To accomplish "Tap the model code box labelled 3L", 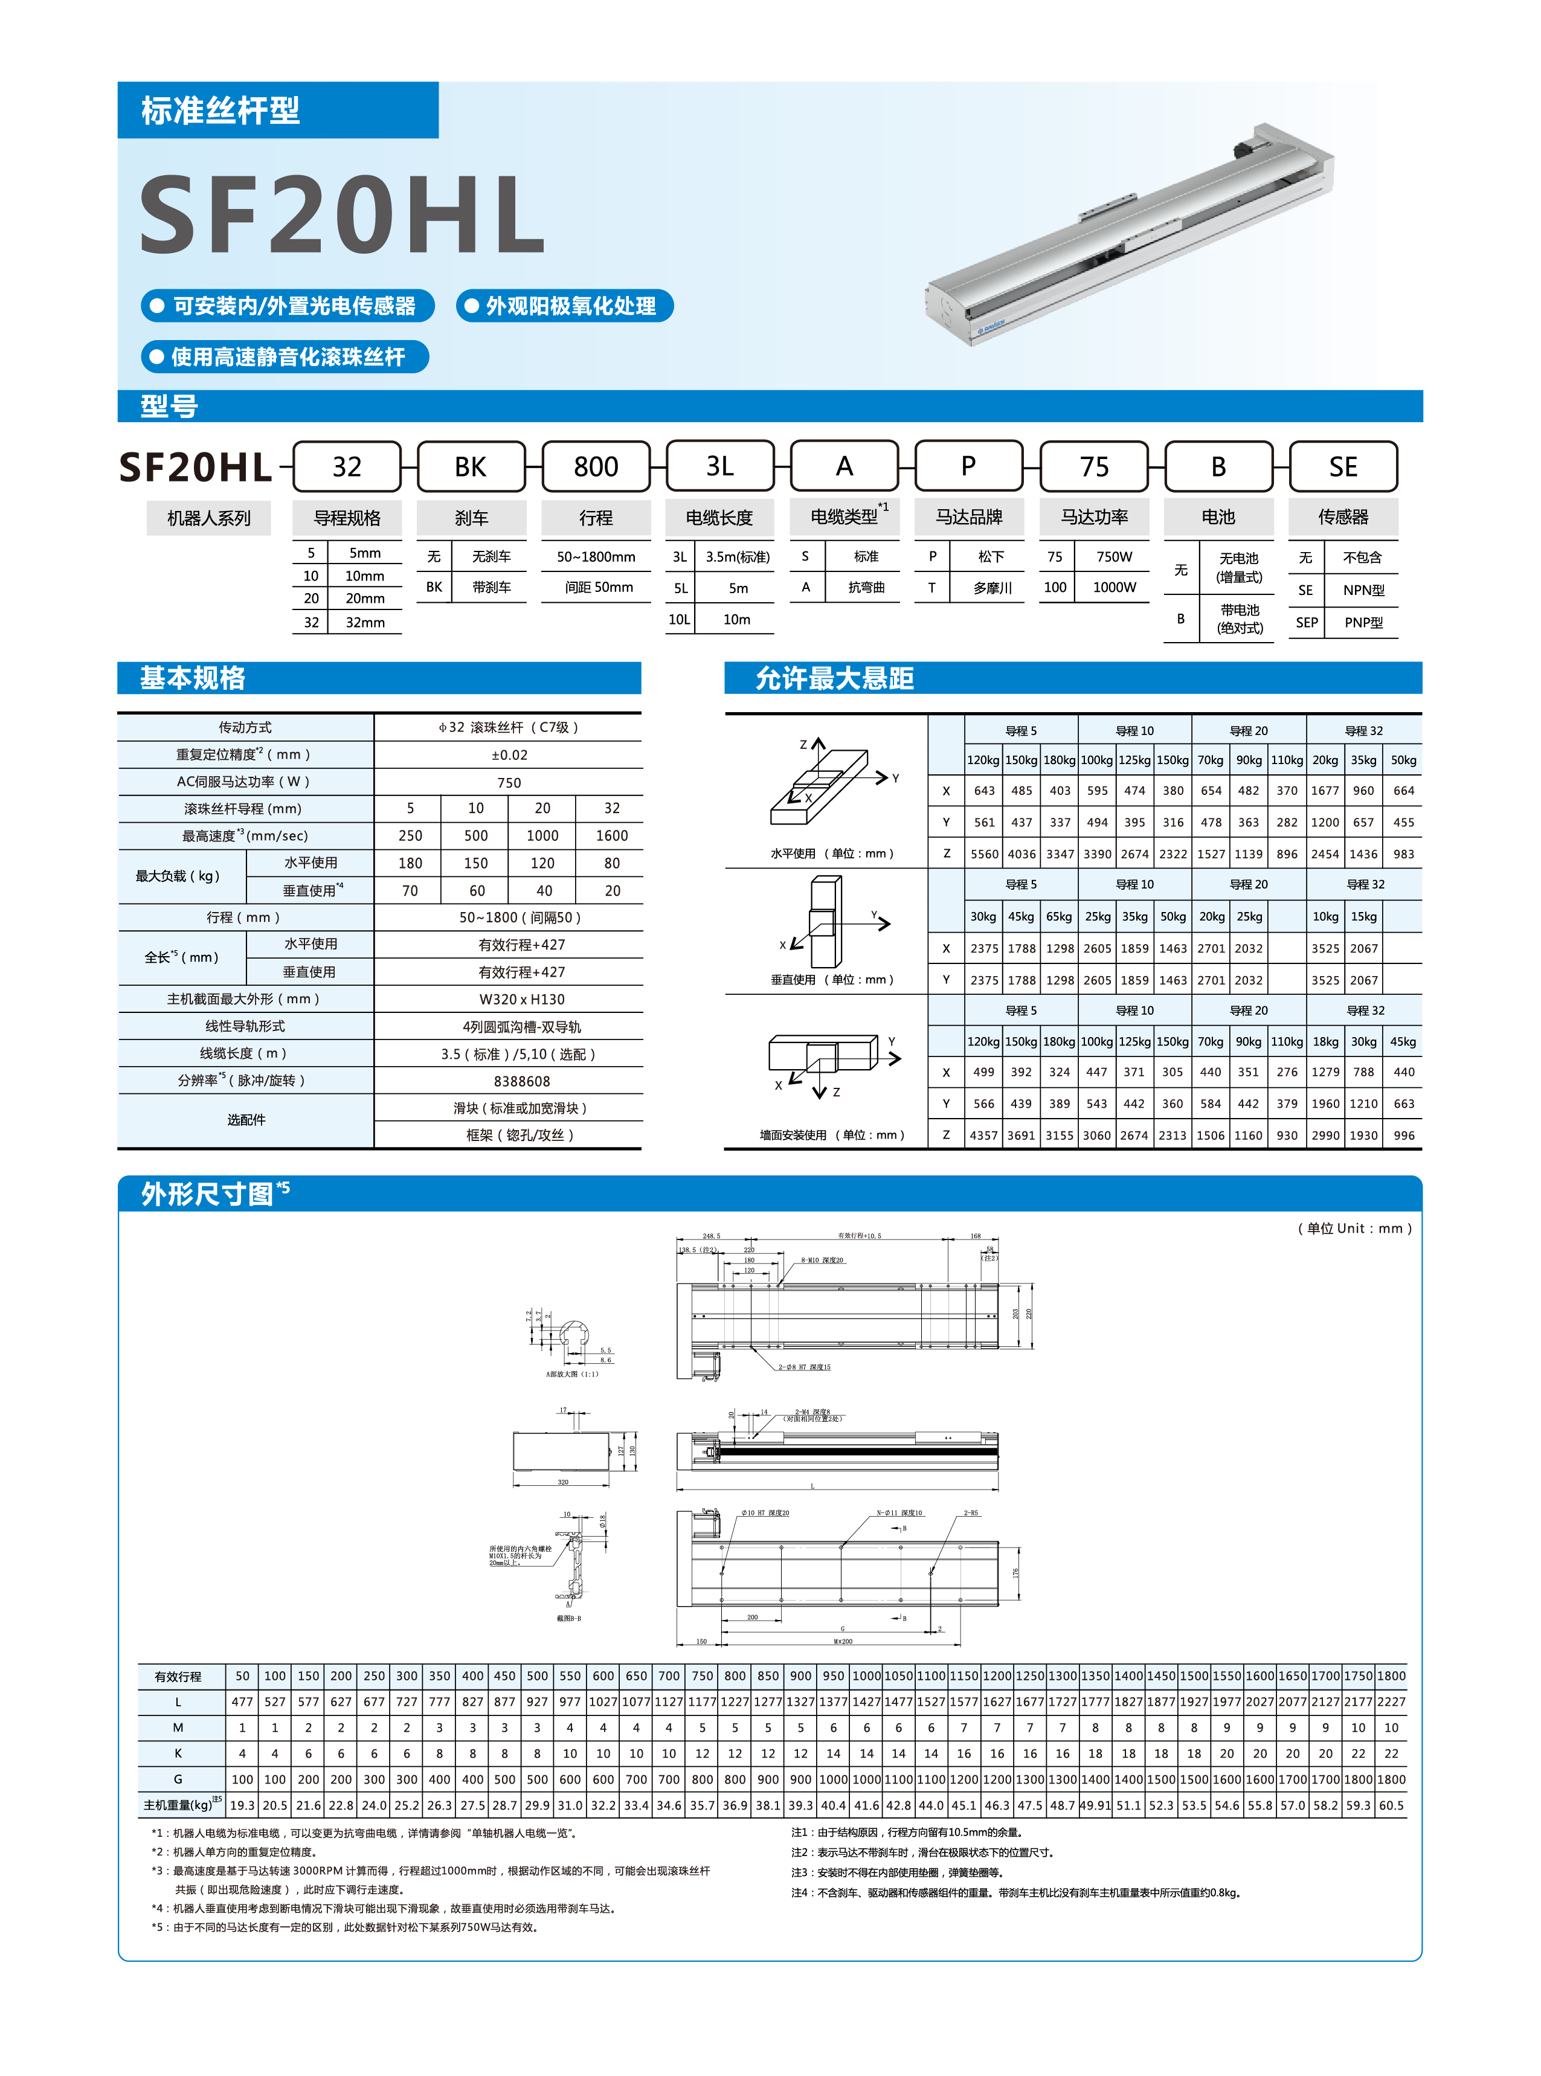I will point(719,466).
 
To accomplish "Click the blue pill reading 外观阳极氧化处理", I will point(564,306).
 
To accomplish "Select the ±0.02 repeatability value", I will point(509,754).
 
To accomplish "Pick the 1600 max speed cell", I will point(612,835).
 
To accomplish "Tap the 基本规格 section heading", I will point(192,678).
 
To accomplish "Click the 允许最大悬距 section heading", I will point(834,678).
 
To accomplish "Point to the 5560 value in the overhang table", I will point(984,853).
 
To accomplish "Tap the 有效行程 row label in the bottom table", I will point(178,1676).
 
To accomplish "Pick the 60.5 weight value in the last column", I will point(1391,1805).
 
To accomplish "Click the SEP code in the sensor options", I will point(1307,622).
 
